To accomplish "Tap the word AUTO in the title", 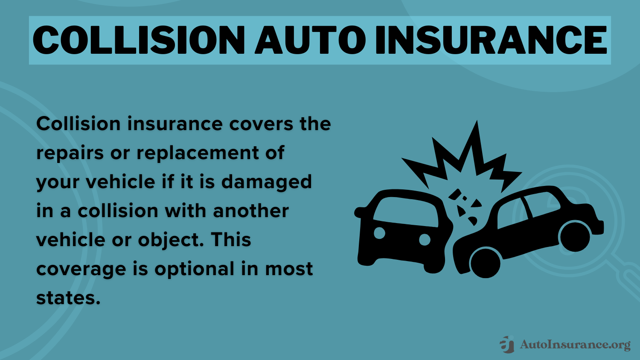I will (310, 40).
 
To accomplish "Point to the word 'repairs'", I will (70, 153).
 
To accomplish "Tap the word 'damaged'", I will (266, 182).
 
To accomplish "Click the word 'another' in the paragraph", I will (251, 211).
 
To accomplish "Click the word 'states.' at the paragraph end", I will (68, 298).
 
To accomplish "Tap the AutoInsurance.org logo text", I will (575, 345).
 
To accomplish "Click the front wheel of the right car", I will (485, 263).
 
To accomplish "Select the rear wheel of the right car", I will (575, 236).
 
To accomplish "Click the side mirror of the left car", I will (361, 212).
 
